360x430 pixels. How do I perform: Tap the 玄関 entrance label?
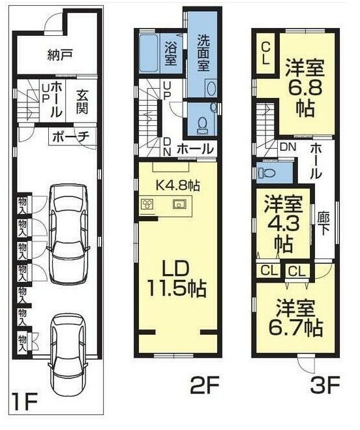pyautogui.click(x=82, y=102)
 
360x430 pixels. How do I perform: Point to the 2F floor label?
pyautogui.click(x=205, y=385)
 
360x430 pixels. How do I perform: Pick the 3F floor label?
pyautogui.click(x=325, y=385)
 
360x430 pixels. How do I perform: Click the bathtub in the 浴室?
pyautogui.click(x=149, y=54)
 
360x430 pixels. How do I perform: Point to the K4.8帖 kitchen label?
pyautogui.click(x=177, y=186)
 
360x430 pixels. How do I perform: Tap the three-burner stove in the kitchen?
pyautogui.click(x=147, y=204)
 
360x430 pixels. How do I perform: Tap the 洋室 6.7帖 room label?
pyautogui.click(x=295, y=318)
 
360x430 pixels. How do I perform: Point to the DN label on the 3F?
pyautogui.click(x=288, y=147)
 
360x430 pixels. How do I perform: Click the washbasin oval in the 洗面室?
pyautogui.click(x=211, y=89)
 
